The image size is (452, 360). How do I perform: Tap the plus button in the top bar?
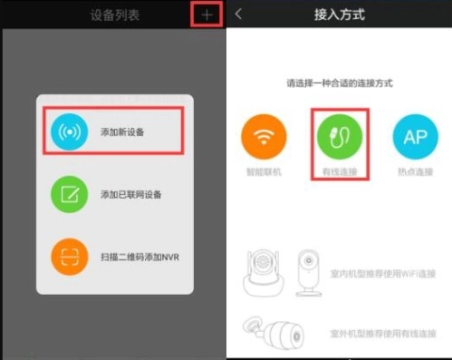(x=207, y=14)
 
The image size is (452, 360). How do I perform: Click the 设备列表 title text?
(x=114, y=15)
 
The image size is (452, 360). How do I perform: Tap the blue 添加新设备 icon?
(x=69, y=132)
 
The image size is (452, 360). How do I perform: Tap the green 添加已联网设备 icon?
(x=69, y=194)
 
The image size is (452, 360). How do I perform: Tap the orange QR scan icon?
(x=69, y=256)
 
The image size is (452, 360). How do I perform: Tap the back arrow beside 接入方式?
(x=239, y=14)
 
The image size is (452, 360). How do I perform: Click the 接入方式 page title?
(x=339, y=15)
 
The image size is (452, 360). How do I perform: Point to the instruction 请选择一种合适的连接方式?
(x=339, y=84)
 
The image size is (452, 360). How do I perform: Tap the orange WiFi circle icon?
(x=264, y=137)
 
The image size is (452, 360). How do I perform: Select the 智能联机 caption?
(x=264, y=172)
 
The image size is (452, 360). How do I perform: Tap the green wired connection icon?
(x=339, y=137)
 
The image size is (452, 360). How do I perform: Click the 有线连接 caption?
(x=339, y=172)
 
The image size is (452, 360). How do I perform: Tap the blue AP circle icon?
(x=415, y=137)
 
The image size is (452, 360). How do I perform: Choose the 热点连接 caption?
(x=415, y=172)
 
